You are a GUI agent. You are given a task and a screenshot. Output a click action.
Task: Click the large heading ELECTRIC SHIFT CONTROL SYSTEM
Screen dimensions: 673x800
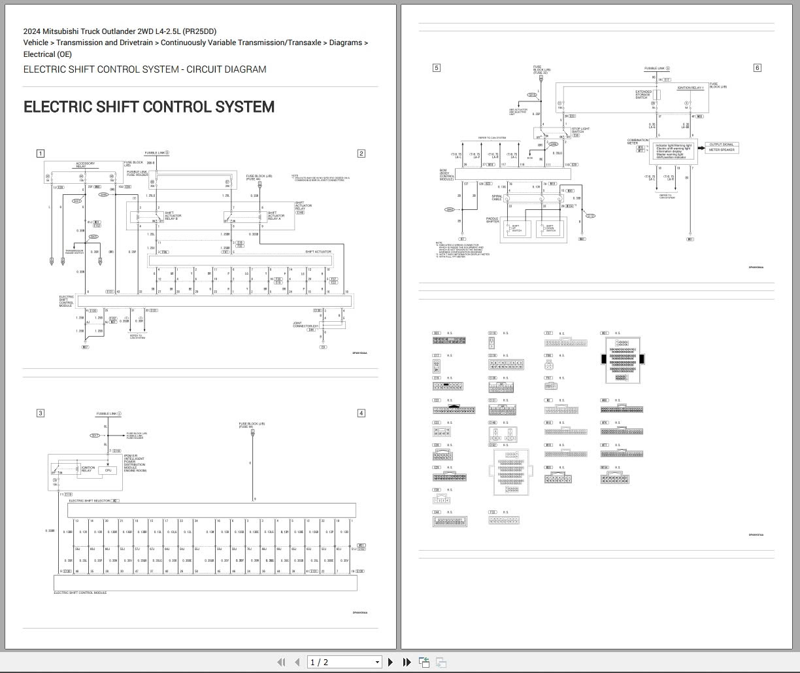tap(149, 107)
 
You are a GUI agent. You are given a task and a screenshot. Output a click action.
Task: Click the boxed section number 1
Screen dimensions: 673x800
tap(40, 154)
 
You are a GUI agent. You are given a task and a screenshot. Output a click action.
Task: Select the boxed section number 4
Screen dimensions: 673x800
tap(361, 413)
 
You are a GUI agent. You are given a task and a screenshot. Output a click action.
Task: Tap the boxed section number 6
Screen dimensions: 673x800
tap(757, 67)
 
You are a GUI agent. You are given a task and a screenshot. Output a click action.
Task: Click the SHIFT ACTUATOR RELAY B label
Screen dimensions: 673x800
tap(172, 215)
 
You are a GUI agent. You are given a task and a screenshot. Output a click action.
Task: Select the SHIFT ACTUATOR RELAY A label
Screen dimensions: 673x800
tap(274, 215)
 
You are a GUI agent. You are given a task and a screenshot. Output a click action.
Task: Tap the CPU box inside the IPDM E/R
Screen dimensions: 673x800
tap(108, 470)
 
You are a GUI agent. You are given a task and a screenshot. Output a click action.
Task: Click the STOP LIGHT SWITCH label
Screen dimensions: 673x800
tap(579, 131)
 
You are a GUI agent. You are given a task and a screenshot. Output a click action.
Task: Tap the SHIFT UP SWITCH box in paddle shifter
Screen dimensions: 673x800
tap(516, 229)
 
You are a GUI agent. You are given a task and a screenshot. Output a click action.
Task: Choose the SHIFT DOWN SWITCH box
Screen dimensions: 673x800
tap(550, 229)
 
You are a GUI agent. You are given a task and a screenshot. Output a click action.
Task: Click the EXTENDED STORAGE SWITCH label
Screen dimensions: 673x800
tap(642, 95)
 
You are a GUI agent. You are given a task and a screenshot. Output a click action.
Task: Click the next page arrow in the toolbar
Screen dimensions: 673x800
tap(390, 662)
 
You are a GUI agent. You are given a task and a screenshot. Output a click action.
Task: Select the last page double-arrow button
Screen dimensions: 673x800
tap(407, 662)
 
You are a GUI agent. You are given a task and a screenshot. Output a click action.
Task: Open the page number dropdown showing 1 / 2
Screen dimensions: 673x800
tap(344, 662)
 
